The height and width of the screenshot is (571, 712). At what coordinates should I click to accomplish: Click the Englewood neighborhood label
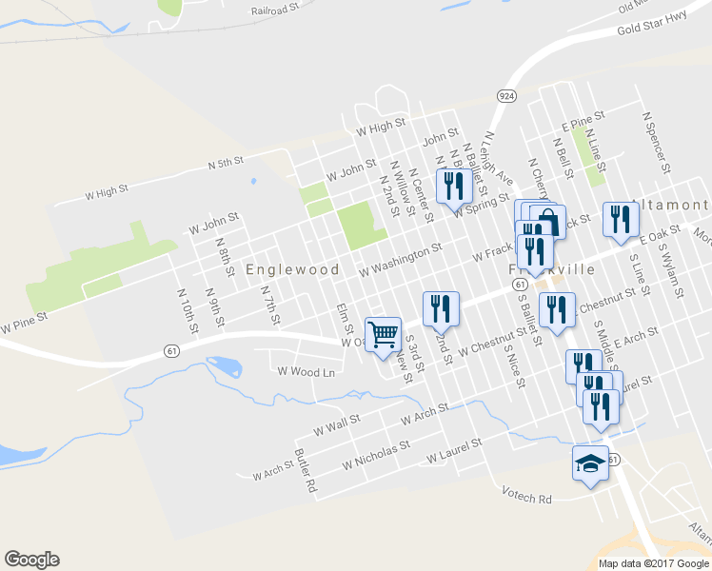tap(292, 269)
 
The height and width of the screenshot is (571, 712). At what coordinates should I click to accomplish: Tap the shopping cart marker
tap(383, 334)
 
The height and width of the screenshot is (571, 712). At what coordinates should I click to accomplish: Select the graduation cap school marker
tap(590, 463)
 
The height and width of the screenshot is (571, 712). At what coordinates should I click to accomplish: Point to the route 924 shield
tap(506, 96)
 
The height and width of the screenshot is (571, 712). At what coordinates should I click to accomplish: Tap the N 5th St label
tap(227, 164)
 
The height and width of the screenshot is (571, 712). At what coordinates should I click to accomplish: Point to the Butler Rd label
tap(306, 470)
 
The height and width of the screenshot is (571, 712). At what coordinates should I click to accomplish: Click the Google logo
tap(31, 560)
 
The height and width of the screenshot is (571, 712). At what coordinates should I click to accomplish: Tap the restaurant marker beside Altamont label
tap(620, 220)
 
